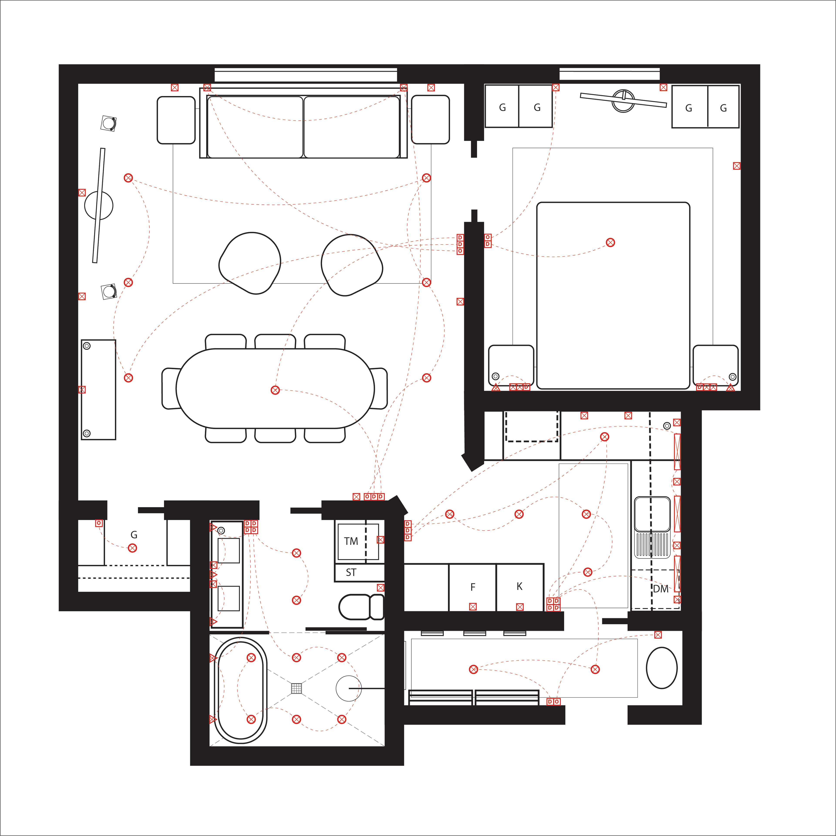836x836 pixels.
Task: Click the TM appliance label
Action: click(351, 541)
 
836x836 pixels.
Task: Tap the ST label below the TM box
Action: click(351, 573)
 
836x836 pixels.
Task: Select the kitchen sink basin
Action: click(652, 514)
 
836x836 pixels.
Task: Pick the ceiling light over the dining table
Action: click(275, 390)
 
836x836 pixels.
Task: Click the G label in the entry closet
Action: click(134, 535)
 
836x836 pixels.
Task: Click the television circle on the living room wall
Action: click(99, 206)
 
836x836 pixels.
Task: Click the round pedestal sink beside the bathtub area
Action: click(348, 688)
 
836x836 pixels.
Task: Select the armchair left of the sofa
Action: click(176, 120)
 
